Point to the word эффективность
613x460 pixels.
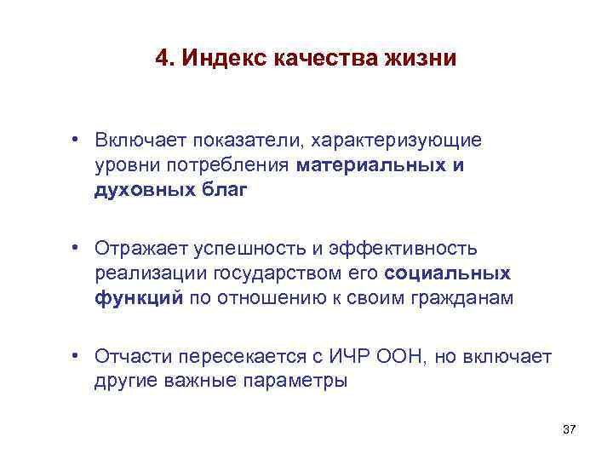point(407,248)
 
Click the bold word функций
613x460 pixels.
point(139,299)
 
